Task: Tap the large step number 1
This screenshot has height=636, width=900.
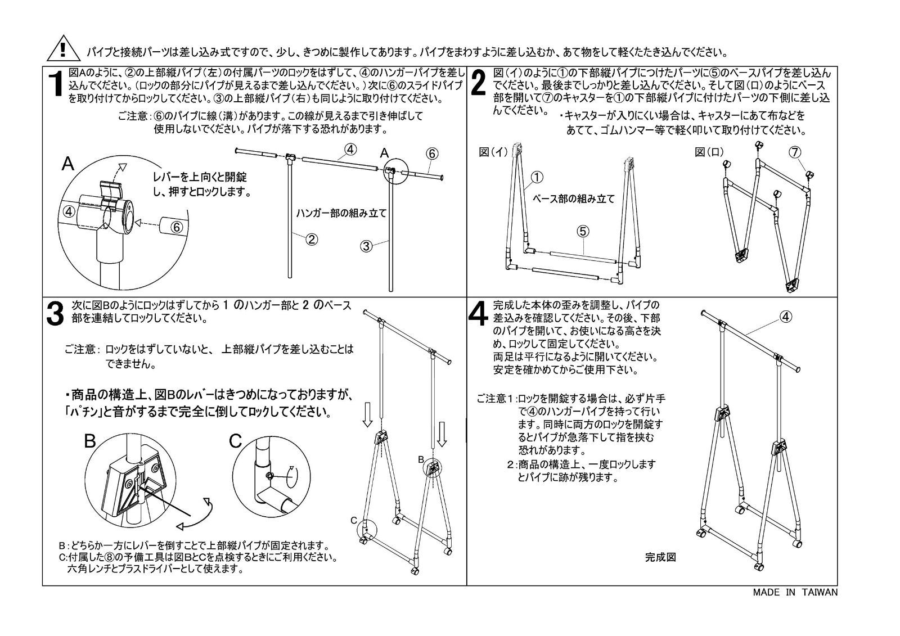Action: coord(57,84)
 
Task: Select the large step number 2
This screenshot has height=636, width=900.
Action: coord(478,83)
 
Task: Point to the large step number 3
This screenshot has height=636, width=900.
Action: coord(55,314)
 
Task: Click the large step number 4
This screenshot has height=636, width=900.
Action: coord(479,314)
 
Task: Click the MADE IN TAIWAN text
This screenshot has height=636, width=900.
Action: coord(795,592)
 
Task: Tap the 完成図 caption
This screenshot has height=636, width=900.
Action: coord(660,557)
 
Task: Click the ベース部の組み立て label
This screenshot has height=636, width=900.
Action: coord(573,199)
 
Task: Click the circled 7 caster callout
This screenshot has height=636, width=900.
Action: coord(795,152)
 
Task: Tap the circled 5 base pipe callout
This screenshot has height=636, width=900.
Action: coord(583,232)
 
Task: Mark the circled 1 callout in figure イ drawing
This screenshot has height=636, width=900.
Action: coord(537,177)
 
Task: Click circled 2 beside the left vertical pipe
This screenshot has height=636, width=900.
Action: coord(312,240)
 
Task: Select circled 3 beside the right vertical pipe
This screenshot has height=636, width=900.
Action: coord(366,246)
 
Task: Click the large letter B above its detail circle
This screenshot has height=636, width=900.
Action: coord(90,441)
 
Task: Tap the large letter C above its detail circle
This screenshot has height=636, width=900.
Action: coord(235,441)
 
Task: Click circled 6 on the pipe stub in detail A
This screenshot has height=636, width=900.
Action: coord(177,227)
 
